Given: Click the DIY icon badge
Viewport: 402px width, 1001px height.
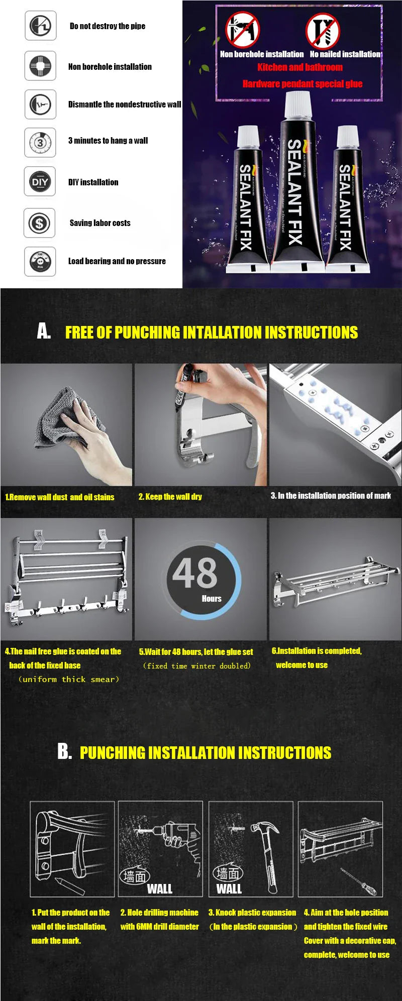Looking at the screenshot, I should pos(40,182).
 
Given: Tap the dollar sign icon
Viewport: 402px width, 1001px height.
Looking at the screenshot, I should pos(40,223).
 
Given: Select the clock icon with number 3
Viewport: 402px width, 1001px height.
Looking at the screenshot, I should pos(40,143).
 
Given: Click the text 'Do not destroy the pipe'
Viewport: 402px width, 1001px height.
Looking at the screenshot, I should pos(107,26).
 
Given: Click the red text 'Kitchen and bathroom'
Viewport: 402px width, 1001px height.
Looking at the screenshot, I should pos(300,67).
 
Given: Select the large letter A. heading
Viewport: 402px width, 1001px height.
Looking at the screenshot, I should pos(44,331).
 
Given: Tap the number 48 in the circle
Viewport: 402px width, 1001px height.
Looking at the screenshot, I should pos(195,573).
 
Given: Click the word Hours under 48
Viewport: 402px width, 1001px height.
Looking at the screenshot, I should pos(212,599).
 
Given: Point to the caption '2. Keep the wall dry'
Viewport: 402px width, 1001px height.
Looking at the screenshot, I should pos(170,497).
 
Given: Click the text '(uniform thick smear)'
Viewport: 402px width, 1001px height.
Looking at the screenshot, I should pos(69,680).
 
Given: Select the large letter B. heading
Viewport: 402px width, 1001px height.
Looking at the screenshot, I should pos(64,751).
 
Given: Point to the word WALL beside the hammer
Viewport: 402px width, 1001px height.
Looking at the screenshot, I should pos(229,889).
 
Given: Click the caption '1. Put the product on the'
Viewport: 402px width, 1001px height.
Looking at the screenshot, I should pos(70,913).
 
